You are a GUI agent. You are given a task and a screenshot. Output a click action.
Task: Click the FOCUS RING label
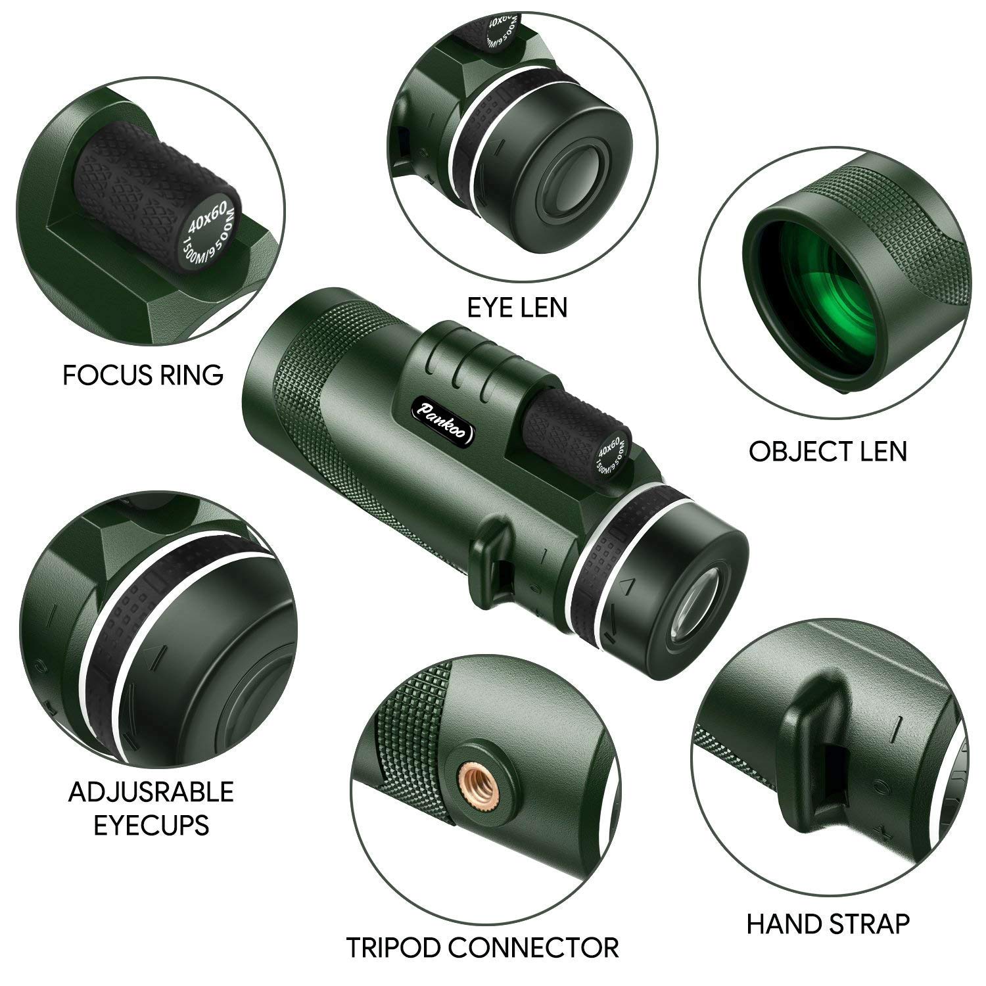click(143, 375)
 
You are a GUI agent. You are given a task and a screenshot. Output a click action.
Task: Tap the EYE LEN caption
click(517, 307)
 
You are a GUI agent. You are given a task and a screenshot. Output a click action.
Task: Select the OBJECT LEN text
click(828, 452)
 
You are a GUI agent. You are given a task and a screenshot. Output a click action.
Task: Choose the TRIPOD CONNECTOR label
click(482, 948)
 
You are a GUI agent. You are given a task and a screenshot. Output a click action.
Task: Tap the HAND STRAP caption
click(828, 924)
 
